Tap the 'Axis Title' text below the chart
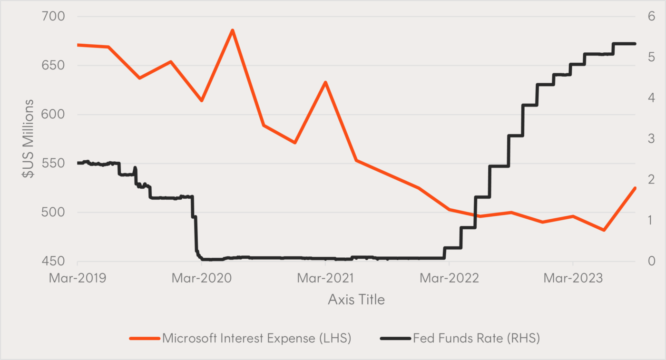(x=356, y=300)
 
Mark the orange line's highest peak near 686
(x=232, y=30)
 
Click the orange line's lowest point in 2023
(x=604, y=230)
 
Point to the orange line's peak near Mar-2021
(x=325, y=82)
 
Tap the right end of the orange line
(x=635, y=188)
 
